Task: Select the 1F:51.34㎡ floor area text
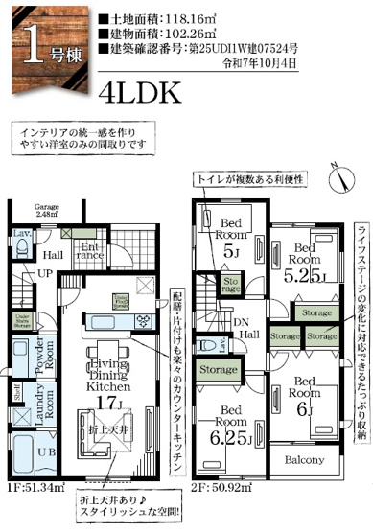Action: tap(36, 514)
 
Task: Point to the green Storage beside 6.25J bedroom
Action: tap(219, 369)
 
